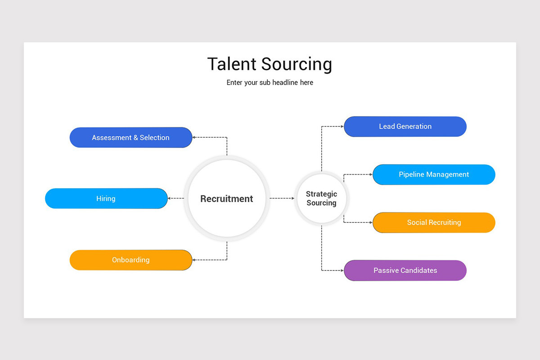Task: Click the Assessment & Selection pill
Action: (130, 137)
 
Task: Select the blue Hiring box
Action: (106, 198)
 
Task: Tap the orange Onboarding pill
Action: (130, 260)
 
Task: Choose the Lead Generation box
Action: (405, 126)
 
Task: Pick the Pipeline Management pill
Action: (434, 174)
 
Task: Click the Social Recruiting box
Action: (434, 222)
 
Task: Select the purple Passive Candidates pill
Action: (405, 270)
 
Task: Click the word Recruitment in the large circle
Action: (227, 199)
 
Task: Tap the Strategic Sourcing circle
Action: (322, 198)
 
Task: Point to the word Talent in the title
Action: (232, 64)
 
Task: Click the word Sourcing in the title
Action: (297, 65)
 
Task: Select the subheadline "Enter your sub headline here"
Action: (270, 82)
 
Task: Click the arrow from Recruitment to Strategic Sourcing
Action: (282, 198)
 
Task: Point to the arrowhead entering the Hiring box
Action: (169, 198)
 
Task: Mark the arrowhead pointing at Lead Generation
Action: (342, 126)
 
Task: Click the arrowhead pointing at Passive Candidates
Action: (342, 270)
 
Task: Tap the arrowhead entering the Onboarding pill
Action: (193, 260)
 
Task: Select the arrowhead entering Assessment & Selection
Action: (193, 137)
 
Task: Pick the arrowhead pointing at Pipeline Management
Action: (371, 174)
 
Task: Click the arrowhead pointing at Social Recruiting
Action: (371, 222)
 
